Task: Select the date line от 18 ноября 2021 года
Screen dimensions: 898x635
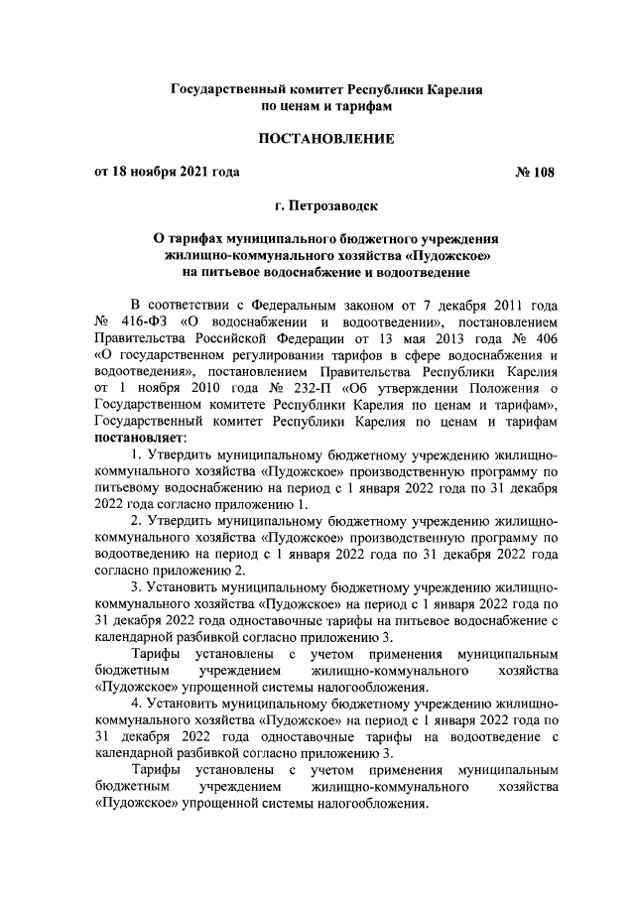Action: [x=167, y=172]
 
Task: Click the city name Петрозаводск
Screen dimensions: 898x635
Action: [x=333, y=207]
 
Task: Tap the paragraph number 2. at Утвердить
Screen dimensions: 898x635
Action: [x=137, y=521]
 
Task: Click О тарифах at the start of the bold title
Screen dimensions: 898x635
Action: [x=187, y=239]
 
